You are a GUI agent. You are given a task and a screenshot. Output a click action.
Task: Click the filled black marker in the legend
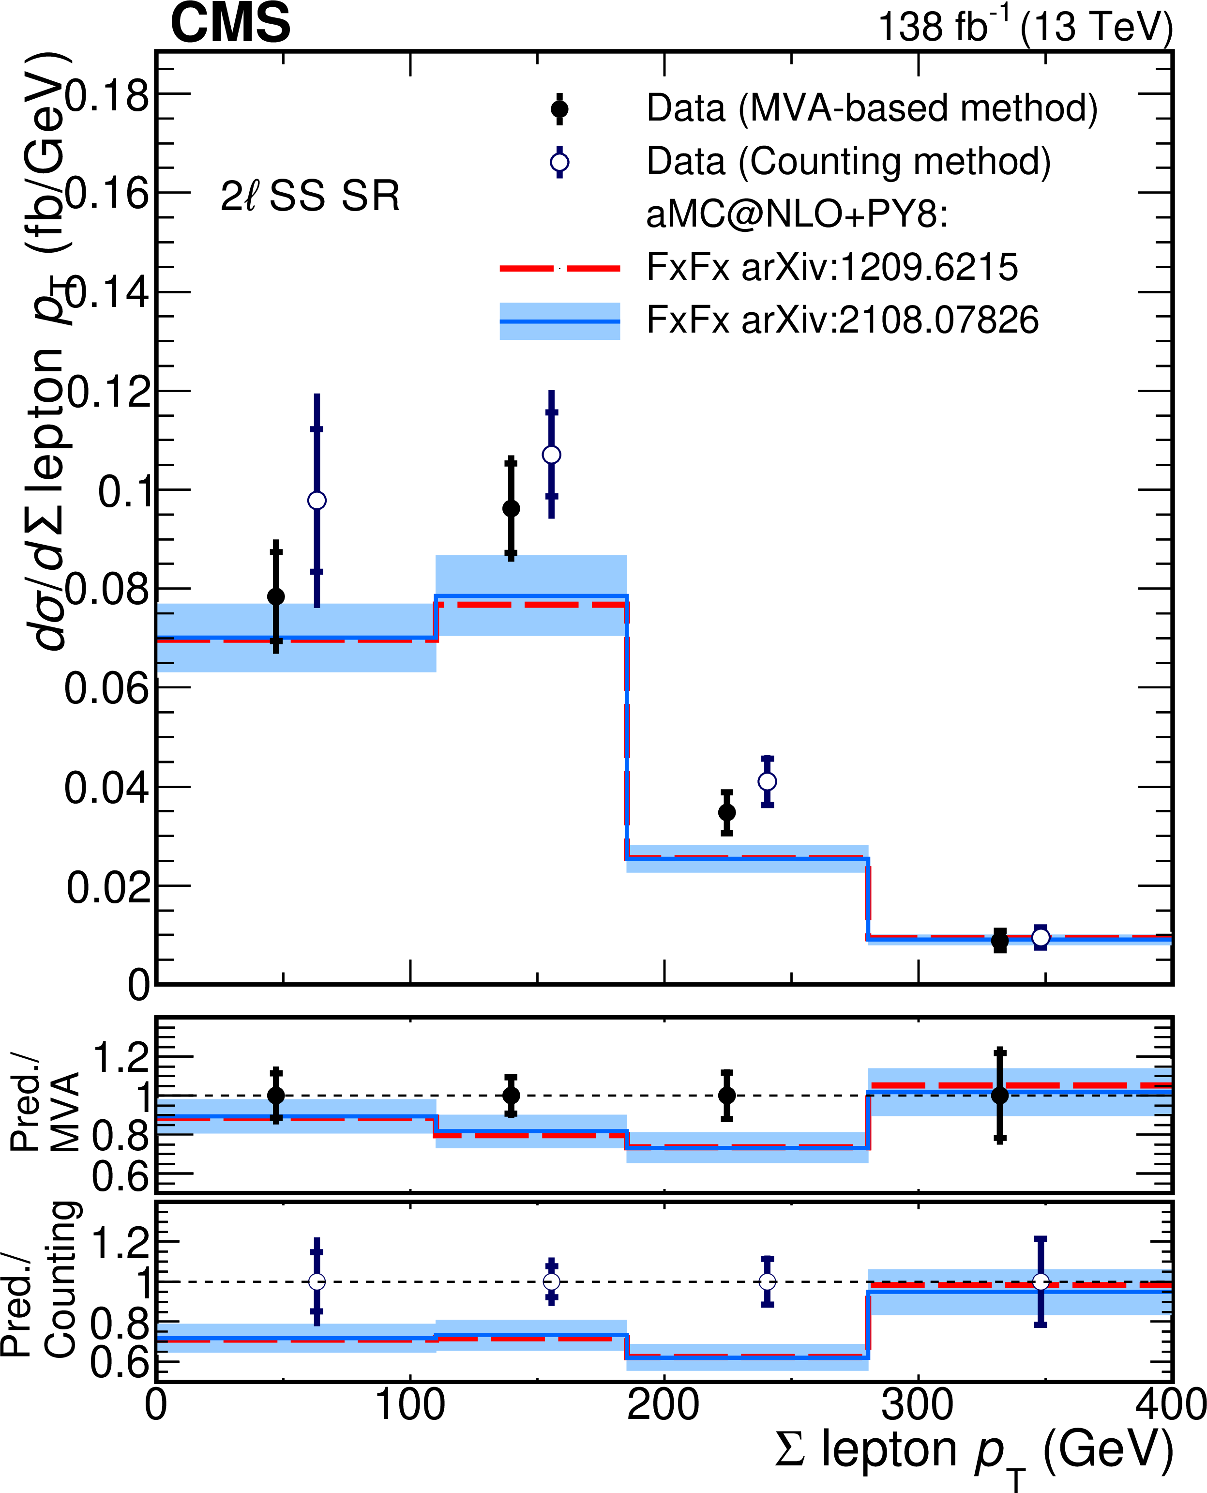(559, 109)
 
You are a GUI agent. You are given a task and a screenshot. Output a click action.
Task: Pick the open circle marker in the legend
(559, 163)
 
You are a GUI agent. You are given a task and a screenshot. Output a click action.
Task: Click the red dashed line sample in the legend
(559, 268)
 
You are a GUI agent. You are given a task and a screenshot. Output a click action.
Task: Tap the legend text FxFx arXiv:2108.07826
(842, 320)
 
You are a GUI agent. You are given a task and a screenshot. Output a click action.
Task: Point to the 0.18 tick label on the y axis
(108, 95)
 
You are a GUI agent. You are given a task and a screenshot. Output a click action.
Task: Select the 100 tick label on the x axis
(410, 1405)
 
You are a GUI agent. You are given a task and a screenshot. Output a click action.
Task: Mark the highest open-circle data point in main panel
(551, 455)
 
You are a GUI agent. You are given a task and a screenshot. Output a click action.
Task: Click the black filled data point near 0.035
(726, 812)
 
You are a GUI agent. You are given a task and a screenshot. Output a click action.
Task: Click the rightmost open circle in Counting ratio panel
(1040, 1281)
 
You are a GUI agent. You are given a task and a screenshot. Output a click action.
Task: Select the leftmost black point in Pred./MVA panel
(276, 1095)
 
